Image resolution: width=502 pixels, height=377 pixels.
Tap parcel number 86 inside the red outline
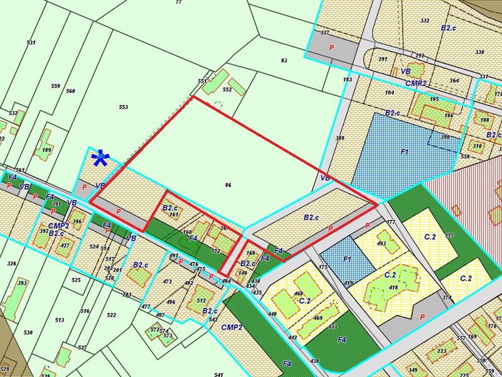(x=228, y=185)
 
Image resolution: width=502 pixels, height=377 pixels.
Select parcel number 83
(x=284, y=60)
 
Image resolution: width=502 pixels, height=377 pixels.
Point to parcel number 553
(x=123, y=107)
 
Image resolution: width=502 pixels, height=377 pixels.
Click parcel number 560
(x=70, y=91)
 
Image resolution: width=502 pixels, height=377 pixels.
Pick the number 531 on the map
(x=31, y=43)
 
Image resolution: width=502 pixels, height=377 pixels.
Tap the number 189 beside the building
(x=46, y=150)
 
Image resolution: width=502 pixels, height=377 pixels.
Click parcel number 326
(x=11, y=263)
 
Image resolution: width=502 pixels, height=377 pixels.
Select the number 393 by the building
(x=22, y=283)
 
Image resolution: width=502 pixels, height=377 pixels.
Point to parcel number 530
(x=28, y=332)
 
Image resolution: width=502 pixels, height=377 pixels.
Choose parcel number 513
(x=60, y=320)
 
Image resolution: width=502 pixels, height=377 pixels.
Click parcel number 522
(x=112, y=315)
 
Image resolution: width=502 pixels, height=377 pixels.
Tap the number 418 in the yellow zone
(x=393, y=288)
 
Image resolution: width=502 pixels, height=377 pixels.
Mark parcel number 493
(x=381, y=243)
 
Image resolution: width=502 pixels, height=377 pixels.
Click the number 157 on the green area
(x=449, y=236)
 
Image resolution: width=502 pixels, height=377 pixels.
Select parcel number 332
(x=425, y=21)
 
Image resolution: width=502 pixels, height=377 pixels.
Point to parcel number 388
(x=340, y=138)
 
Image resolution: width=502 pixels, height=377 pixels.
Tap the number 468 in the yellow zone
(x=298, y=294)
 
